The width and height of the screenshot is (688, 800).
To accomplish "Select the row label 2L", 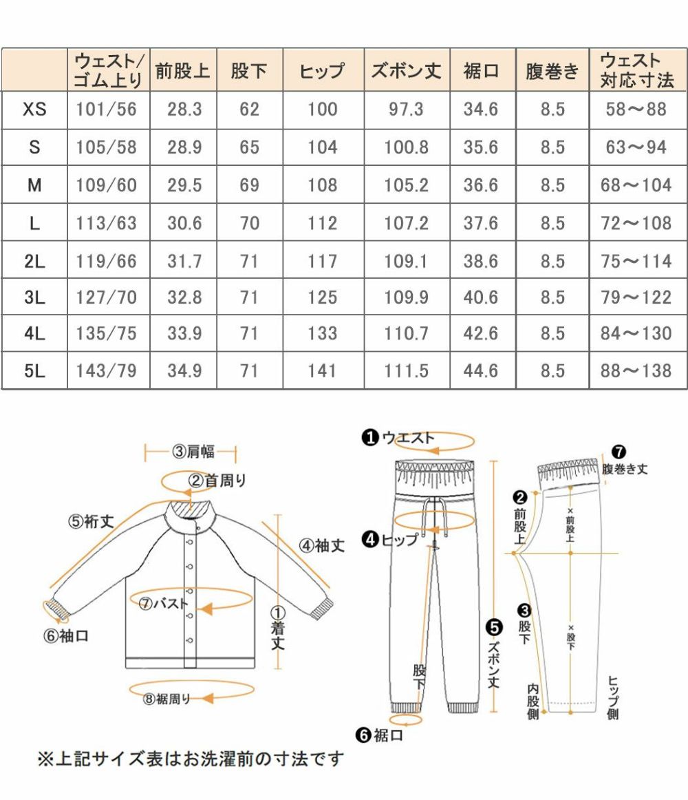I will point(34,262).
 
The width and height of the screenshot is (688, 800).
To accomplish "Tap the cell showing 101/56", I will point(107,109).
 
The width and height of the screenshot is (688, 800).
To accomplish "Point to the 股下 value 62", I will point(249,109).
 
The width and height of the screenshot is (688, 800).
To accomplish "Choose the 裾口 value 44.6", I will point(481,371).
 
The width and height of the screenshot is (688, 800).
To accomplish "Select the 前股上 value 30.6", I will point(184,223).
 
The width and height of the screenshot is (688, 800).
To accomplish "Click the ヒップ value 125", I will point(323,297).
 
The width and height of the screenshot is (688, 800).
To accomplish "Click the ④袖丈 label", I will point(321,546).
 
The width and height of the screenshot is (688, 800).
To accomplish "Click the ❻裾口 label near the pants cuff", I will point(380,735).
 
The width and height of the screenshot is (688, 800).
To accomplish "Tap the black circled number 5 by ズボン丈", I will point(494,627).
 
